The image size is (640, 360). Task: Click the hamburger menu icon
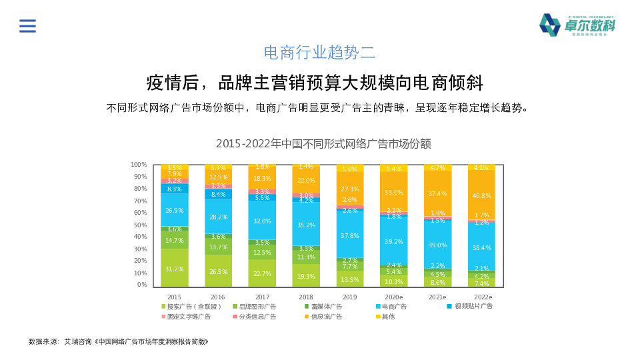coord(27,26)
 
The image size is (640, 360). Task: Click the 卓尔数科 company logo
coord(577,25)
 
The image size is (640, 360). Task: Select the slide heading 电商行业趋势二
coord(320,53)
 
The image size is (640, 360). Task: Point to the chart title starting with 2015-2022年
coord(323,143)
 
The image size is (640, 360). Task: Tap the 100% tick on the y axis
coord(139,165)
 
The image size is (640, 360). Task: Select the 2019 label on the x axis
coord(350,297)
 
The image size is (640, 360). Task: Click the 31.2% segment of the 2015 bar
coord(174,269)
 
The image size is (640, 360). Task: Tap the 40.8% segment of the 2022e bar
coord(481,195)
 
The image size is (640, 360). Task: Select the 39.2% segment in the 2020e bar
coord(393,242)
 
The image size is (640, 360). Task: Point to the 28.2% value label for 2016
coord(218,217)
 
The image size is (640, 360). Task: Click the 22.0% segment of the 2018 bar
coord(305,181)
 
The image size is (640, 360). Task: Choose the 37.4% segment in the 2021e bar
coord(437,193)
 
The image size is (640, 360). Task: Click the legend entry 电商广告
coord(394,307)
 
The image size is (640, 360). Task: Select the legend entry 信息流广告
coord(325,317)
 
